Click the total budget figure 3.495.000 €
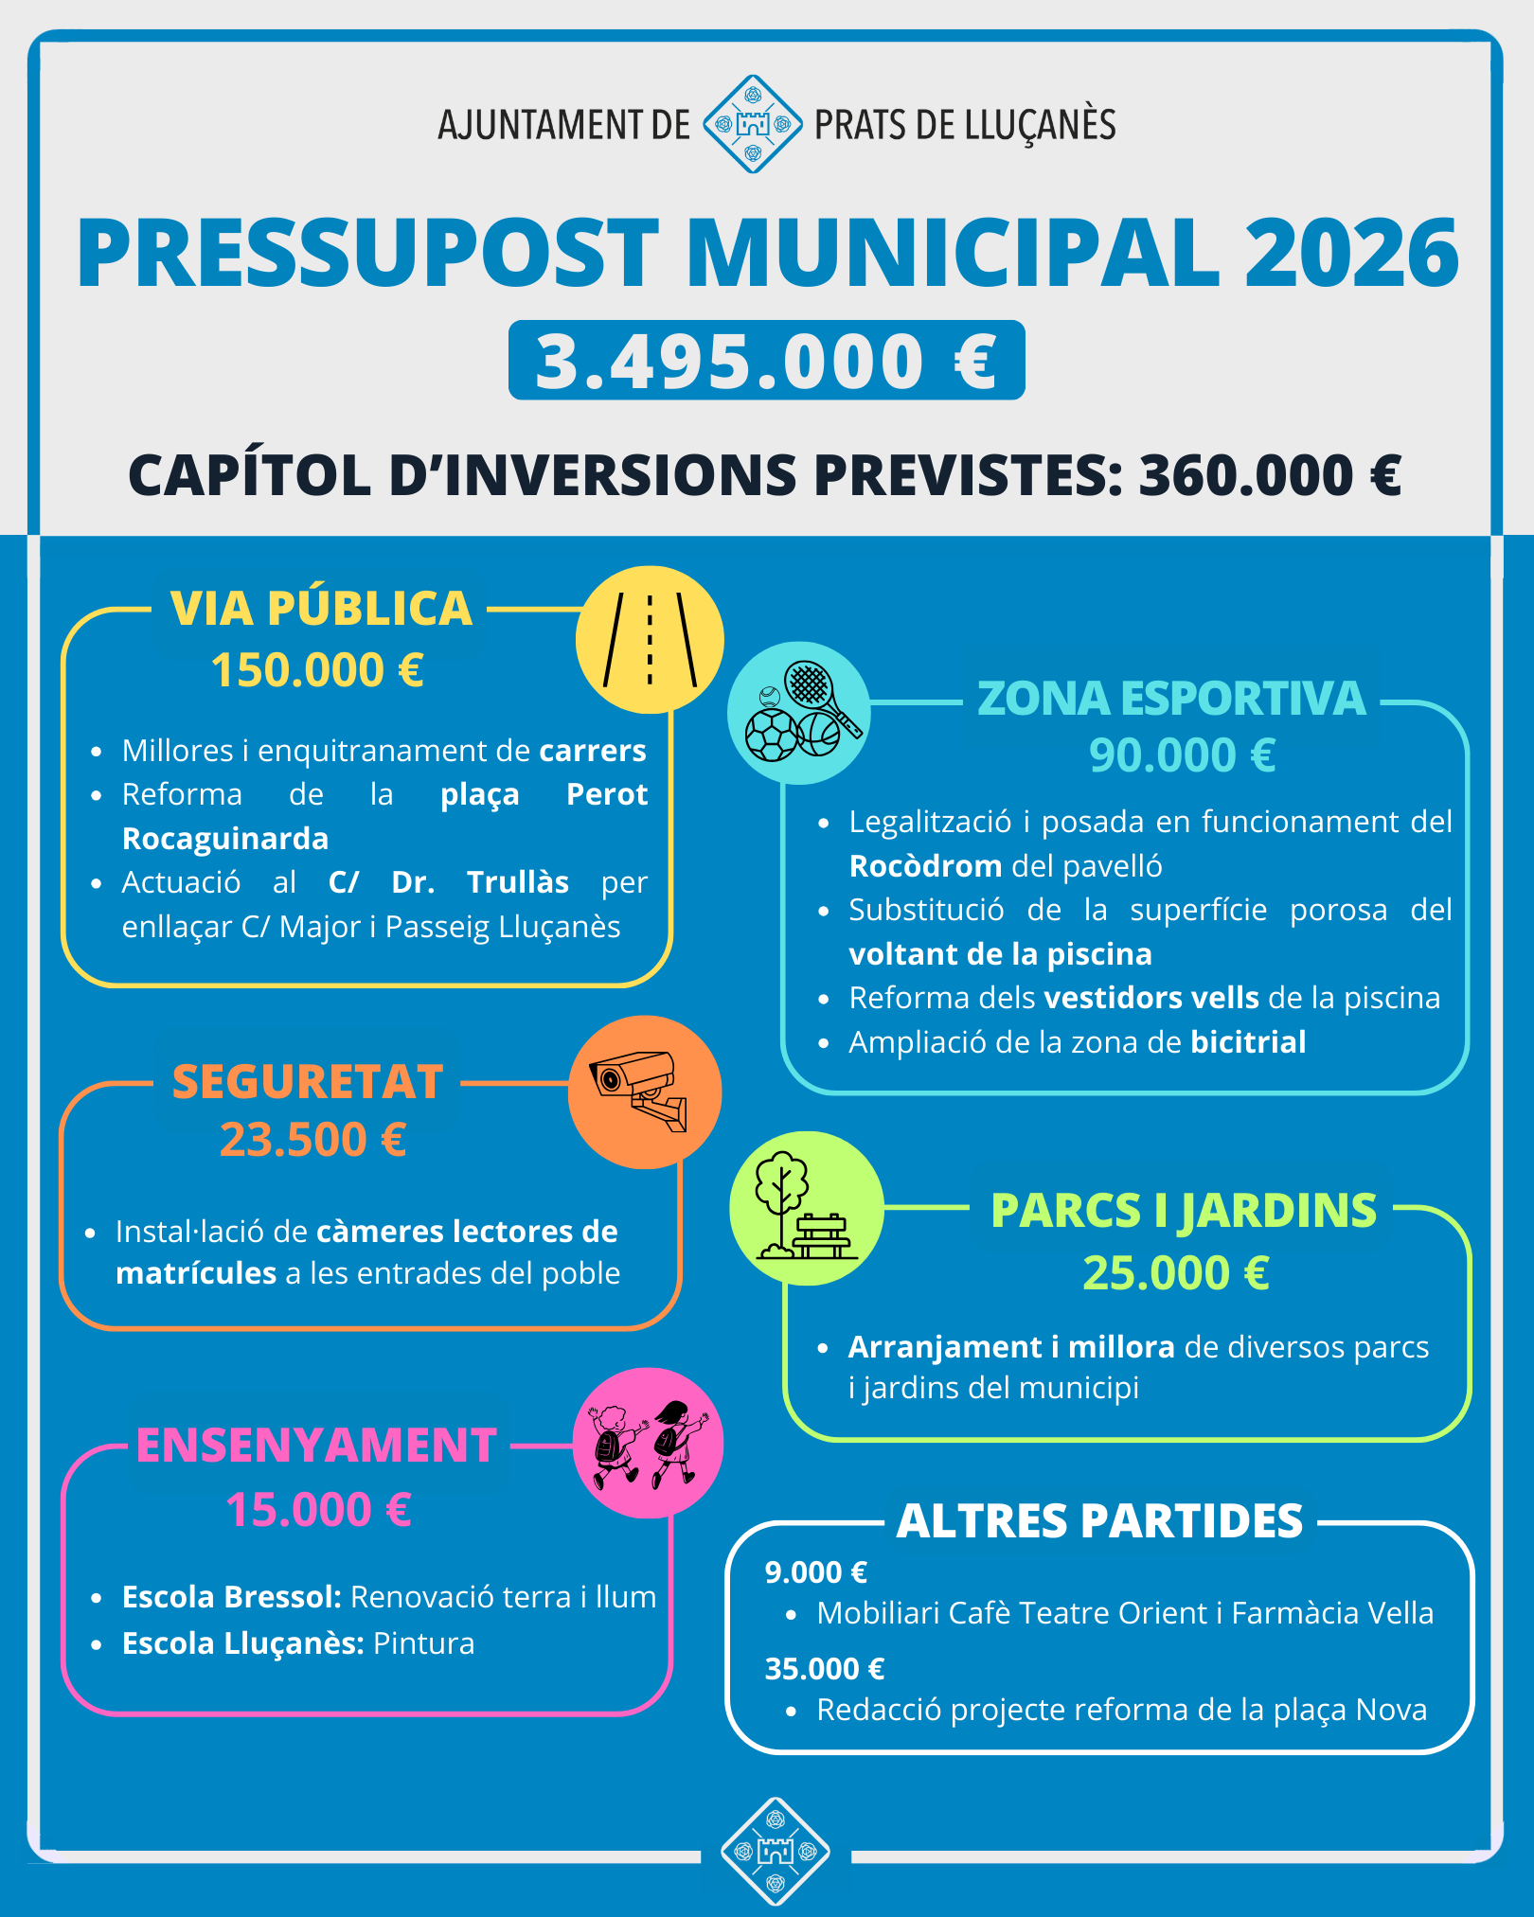(x=766, y=361)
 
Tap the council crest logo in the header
(x=753, y=124)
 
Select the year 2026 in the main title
(x=1351, y=254)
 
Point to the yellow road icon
(x=650, y=640)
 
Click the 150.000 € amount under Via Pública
(x=317, y=670)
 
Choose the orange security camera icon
(x=645, y=1092)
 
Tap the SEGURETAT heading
(x=308, y=1081)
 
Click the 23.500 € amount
(x=313, y=1139)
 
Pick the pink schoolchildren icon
(x=649, y=1443)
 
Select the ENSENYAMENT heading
(x=316, y=1446)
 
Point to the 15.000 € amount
(x=318, y=1509)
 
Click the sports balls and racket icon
(x=799, y=713)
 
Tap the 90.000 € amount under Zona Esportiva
(x=1182, y=755)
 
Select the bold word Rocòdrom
(x=925, y=866)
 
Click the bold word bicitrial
(x=1248, y=1042)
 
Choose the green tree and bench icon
(x=806, y=1208)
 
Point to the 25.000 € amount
(x=1175, y=1272)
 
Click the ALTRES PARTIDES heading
(x=1099, y=1521)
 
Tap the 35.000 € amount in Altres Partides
(x=824, y=1668)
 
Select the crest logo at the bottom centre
(x=776, y=1851)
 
